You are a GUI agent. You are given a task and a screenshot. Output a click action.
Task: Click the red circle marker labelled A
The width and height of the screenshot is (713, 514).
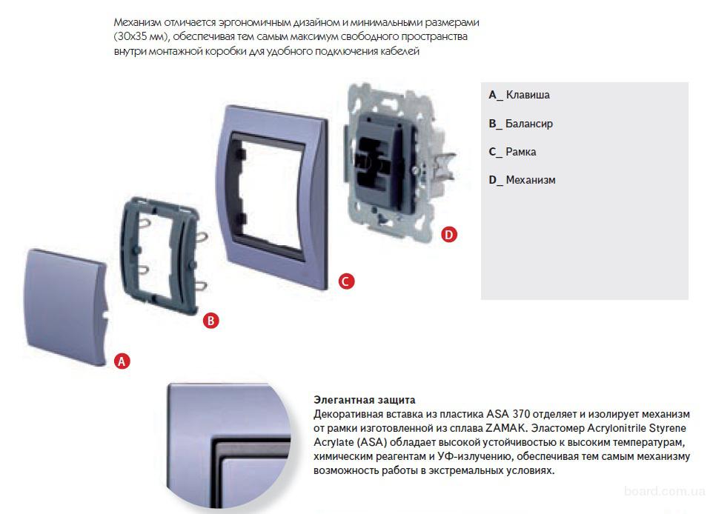[x=122, y=361]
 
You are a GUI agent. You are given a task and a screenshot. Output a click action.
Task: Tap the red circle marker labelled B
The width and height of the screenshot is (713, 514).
[x=210, y=321]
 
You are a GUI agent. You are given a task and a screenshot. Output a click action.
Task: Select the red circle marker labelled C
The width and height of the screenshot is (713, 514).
[x=346, y=281]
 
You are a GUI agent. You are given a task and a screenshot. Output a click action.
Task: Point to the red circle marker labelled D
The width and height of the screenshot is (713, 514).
[x=449, y=235]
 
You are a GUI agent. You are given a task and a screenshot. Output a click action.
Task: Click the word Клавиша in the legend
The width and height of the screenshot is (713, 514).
[x=528, y=95]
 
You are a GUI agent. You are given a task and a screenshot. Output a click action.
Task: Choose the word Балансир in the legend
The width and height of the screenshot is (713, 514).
[x=529, y=124]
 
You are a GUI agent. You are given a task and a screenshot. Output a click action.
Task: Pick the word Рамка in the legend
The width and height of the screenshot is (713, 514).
[x=520, y=152]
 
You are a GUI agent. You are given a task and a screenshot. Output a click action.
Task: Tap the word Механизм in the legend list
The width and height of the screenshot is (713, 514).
[x=530, y=180]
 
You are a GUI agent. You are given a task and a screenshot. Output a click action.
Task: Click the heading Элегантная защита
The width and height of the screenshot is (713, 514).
[x=364, y=400]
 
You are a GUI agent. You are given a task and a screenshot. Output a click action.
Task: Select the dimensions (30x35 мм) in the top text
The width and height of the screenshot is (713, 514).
[x=142, y=37]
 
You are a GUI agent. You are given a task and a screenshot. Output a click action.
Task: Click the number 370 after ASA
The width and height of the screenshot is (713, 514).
[x=520, y=414]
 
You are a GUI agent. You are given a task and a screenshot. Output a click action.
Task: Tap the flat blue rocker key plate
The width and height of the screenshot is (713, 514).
[x=66, y=307]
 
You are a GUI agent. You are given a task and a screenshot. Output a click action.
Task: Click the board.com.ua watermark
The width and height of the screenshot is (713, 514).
[x=664, y=491]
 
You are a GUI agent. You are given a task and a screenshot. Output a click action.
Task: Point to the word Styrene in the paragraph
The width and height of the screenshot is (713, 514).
[x=668, y=428]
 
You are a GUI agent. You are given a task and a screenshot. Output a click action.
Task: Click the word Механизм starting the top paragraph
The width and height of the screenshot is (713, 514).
[x=137, y=22]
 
